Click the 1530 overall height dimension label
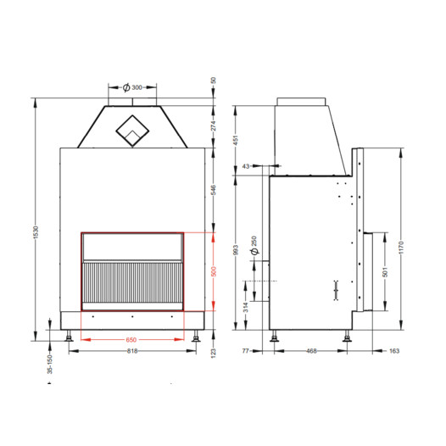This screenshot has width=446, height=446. coord(36,232)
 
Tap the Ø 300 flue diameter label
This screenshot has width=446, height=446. coord(132,87)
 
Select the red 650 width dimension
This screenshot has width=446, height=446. coord(131,340)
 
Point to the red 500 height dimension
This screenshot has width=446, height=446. coord(214,271)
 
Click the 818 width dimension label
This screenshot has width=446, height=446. coord(132,351)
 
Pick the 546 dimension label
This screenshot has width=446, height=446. coord(214,190)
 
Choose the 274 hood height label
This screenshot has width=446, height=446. coord(214,125)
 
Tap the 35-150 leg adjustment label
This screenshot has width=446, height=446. coord(50,365)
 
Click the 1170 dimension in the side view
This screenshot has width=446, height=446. coord(401,248)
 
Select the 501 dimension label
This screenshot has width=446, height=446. coord(385,272)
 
